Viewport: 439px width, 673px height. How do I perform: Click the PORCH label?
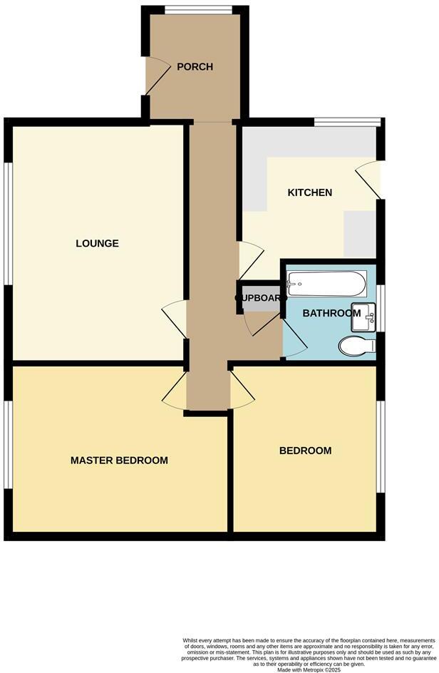(x=195, y=67)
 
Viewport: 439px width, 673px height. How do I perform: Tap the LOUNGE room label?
(x=97, y=244)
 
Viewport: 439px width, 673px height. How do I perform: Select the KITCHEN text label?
(x=309, y=193)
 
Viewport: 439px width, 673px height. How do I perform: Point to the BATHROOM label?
(x=331, y=314)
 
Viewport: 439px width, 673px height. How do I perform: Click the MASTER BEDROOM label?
(x=119, y=461)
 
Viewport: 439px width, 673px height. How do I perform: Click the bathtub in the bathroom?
(x=326, y=287)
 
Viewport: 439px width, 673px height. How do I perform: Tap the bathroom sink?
(x=365, y=316)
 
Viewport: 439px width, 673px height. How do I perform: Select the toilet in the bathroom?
(x=357, y=346)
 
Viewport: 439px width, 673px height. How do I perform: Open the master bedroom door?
(x=174, y=391)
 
